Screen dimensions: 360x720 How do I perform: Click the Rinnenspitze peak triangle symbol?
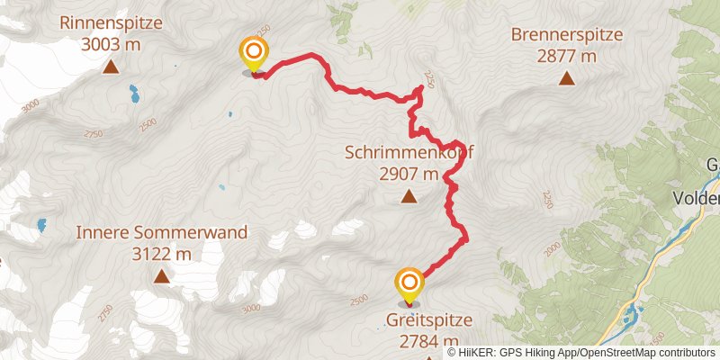point(111,67)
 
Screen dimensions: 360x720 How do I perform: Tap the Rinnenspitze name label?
point(111,23)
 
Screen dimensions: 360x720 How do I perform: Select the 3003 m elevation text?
point(111,44)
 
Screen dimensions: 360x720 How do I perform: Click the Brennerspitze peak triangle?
point(567,78)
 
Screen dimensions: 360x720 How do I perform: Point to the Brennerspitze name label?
point(567,35)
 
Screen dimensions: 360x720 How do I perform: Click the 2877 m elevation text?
point(567,56)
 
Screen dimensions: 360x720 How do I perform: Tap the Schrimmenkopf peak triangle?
point(409,196)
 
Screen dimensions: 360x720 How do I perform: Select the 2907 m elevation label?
point(409,174)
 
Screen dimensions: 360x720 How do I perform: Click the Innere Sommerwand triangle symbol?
point(161,276)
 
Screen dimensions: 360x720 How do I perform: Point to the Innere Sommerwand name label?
point(161,233)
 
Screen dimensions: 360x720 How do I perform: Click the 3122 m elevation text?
point(161,254)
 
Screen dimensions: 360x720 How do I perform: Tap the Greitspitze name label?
point(428,319)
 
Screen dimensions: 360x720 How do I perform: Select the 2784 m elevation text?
point(428,340)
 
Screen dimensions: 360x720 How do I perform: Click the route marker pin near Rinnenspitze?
point(254,54)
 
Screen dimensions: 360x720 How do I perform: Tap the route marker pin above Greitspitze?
point(409,284)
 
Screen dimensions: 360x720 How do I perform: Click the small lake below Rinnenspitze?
point(134,92)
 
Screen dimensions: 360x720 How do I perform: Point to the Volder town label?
point(698,198)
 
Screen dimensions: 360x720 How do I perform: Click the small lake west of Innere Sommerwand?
point(40,225)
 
